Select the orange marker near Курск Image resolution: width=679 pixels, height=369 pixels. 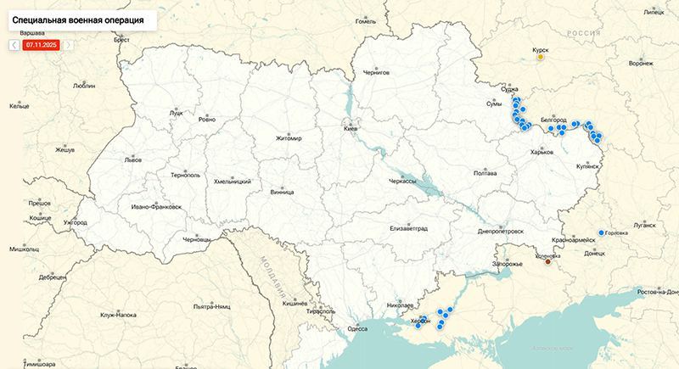541,58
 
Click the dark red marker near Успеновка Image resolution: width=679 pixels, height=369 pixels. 548,261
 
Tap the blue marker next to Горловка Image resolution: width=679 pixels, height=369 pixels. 601,232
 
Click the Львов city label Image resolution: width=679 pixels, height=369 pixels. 132,159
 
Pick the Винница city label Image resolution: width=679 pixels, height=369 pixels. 282,192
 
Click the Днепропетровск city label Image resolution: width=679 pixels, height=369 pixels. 501,231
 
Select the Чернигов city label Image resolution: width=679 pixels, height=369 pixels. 375,73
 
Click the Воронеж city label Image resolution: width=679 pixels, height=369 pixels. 641,64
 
